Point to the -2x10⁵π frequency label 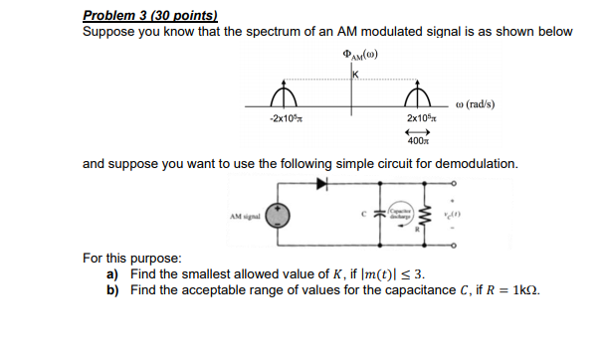(x=285, y=119)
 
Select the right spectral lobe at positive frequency (x=418, y=96)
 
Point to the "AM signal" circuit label (x=244, y=216)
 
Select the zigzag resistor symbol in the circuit (x=419, y=215)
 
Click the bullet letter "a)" (x=112, y=273)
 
